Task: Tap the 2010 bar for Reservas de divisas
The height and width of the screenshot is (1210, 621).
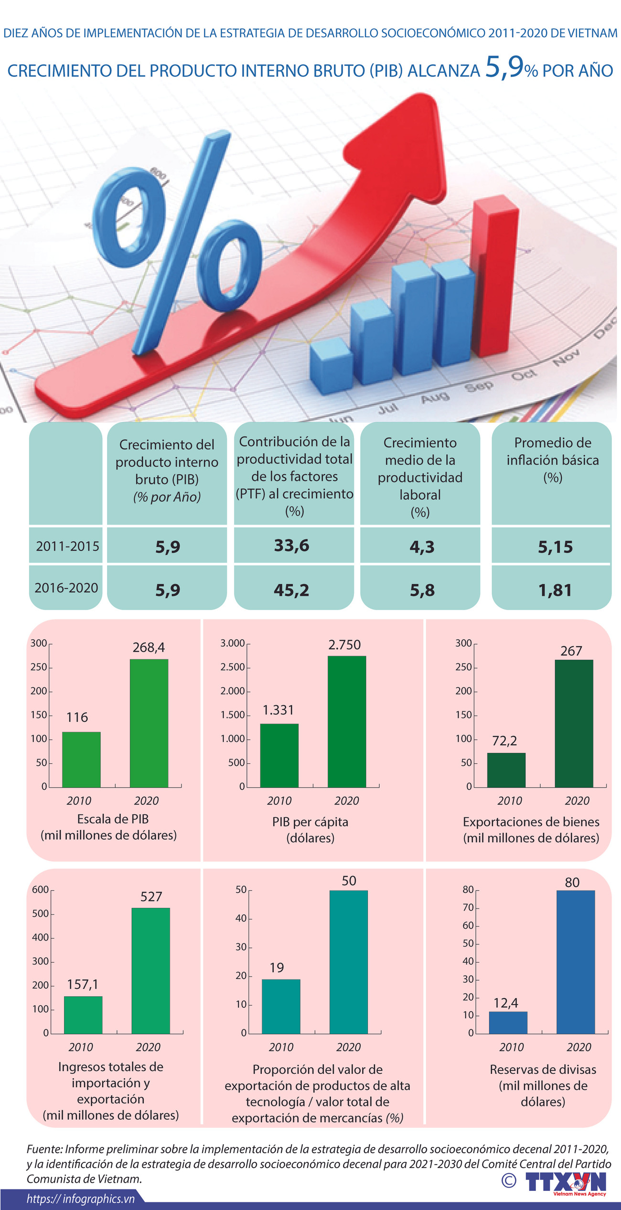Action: [508, 1022]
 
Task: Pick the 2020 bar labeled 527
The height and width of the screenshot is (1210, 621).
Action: [150, 970]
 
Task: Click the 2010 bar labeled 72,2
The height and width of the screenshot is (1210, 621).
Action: [506, 770]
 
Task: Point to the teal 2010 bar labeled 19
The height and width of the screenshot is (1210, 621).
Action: [281, 1006]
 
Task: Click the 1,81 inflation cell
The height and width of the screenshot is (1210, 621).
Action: [555, 590]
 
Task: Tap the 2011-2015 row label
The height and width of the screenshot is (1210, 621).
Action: [67, 546]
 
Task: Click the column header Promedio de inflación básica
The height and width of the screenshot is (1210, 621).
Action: [552, 460]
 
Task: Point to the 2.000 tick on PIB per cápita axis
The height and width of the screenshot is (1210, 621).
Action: [233, 691]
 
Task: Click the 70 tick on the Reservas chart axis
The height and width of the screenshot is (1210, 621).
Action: [468, 907]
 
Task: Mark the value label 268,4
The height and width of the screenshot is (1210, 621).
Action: [149, 647]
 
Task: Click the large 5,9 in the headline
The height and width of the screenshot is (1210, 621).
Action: [504, 67]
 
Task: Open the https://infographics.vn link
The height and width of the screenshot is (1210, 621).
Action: [81, 1199]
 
